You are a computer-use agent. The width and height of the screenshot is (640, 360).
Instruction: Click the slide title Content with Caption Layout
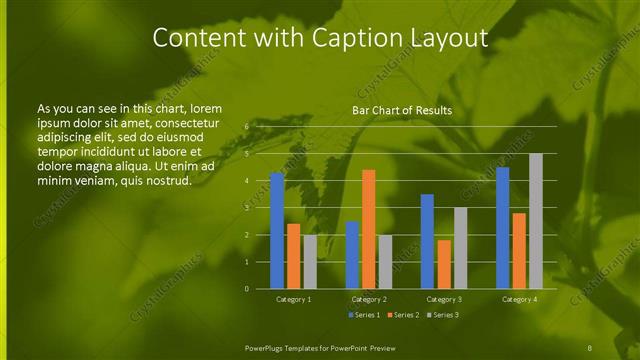tap(319, 38)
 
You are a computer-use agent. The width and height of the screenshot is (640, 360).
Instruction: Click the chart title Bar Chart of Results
tap(402, 110)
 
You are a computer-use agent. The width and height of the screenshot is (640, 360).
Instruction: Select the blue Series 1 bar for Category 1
tap(277, 231)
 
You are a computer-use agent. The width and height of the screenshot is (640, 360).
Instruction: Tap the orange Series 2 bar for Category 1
tap(293, 256)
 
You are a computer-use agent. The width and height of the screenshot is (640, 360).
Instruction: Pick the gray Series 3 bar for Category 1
tap(309, 262)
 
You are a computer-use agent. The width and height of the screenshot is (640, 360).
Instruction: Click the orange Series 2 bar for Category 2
tap(368, 229)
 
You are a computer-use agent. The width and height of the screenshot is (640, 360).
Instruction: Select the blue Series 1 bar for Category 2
tap(352, 255)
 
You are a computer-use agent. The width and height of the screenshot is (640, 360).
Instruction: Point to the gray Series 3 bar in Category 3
tap(460, 248)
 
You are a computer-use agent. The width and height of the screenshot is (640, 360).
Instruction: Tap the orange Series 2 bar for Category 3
tap(444, 264)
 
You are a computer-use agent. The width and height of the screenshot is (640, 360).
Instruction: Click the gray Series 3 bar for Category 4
tap(536, 221)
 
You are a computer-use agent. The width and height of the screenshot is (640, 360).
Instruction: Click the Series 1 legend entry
tap(364, 315)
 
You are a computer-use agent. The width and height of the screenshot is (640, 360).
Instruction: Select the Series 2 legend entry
tap(402, 315)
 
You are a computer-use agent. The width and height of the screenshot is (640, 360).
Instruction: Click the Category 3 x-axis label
tap(444, 299)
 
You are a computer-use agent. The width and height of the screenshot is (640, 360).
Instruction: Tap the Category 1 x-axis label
tap(293, 299)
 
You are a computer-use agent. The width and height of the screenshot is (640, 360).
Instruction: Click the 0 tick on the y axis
tap(247, 289)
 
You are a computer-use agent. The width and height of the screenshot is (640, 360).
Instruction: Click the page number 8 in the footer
tap(589, 346)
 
